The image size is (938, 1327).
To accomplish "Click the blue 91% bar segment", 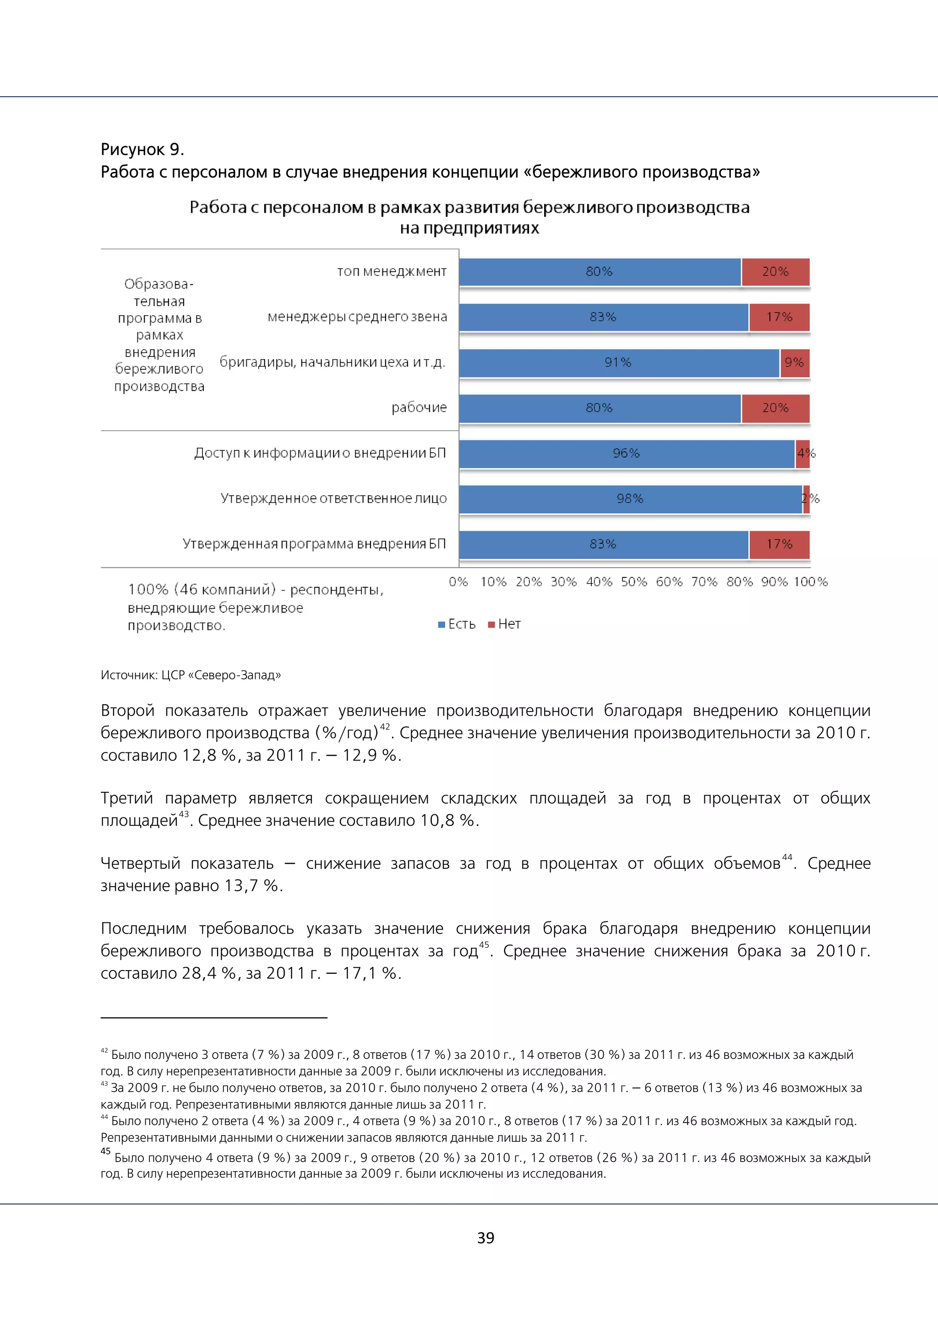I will pos(618,363).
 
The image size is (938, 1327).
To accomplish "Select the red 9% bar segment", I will pos(794,363).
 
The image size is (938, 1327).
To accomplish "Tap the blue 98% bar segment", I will pos(630,499).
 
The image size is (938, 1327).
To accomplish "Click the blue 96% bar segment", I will pos(626,454).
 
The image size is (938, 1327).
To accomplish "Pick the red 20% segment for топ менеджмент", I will pos(775,272).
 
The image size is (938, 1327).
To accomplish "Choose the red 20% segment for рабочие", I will pos(775,408).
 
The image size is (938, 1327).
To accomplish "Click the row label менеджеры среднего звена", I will pos(357,317).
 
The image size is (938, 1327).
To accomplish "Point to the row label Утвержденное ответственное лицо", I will pos(333,499).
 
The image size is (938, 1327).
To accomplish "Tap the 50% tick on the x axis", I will pos(633,582).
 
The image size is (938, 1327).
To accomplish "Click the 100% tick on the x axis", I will pos(810,582).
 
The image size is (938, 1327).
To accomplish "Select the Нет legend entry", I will pos(504,624).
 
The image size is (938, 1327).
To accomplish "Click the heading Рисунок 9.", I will pos(142,150).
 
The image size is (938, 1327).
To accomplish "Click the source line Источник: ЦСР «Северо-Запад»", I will pos(191,675).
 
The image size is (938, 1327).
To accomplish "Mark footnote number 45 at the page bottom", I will pos(105,1152).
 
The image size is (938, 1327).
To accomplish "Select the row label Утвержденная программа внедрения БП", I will pos(314,544).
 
